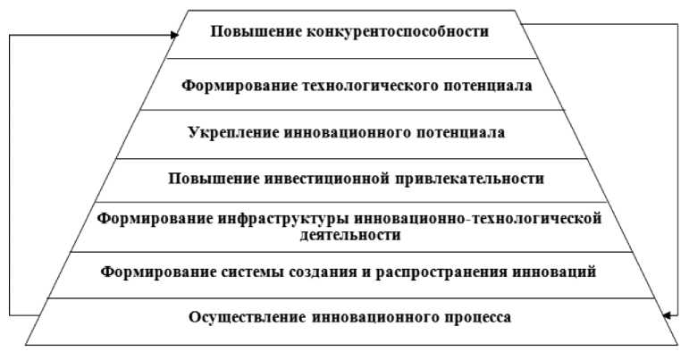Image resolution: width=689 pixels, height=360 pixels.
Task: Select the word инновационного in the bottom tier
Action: [x=358, y=315]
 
